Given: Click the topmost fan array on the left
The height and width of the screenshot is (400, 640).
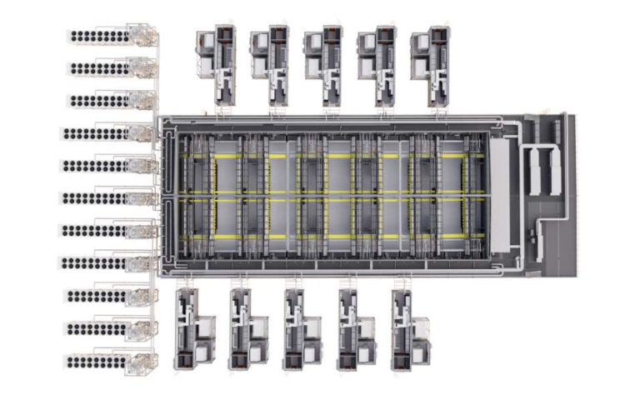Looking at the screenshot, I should pyautogui.click(x=98, y=36).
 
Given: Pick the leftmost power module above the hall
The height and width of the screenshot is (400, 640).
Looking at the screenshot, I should pyautogui.click(x=217, y=67).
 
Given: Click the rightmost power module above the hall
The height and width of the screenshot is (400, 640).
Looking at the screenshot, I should pyautogui.click(x=431, y=67).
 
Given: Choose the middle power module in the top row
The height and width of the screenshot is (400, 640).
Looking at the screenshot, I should pyautogui.click(x=324, y=67).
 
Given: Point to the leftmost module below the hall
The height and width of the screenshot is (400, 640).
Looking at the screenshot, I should pyautogui.click(x=194, y=330).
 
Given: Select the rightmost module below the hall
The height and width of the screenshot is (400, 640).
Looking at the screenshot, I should pyautogui.click(x=409, y=330).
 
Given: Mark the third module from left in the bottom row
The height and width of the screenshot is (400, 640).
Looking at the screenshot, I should pyautogui.click(x=302, y=330).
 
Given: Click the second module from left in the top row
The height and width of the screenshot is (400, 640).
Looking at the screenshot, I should pyautogui.click(x=271, y=67).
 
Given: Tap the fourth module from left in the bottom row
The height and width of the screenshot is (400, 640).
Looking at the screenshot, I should pyautogui.click(x=355, y=330).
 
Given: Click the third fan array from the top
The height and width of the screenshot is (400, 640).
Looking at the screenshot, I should pyautogui.click(x=98, y=101).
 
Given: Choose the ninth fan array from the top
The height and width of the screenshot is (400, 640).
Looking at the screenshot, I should pyautogui.click(x=96, y=296).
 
